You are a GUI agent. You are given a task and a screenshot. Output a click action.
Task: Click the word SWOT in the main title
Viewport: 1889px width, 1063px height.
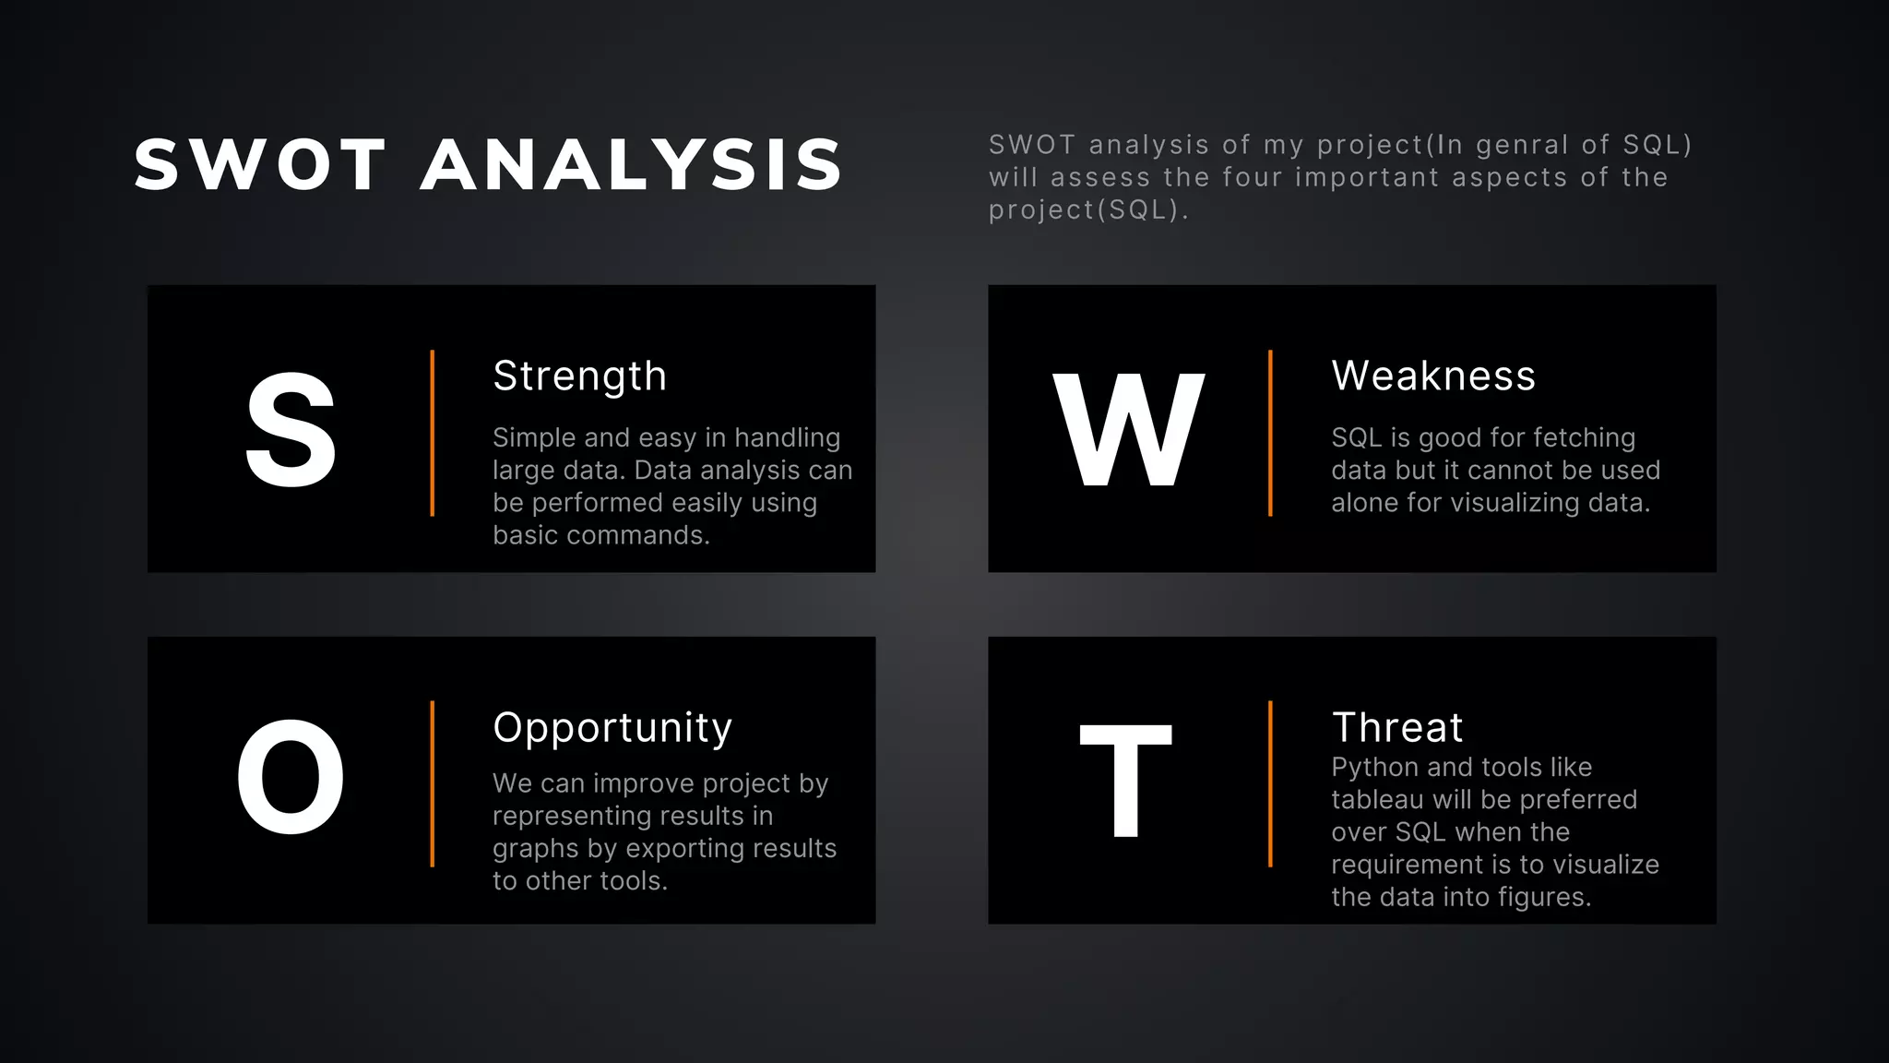[260, 166]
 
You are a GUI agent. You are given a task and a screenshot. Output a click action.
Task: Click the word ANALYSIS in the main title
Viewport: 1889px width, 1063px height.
[632, 166]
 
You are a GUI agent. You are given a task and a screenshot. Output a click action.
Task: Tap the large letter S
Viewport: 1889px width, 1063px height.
[291, 430]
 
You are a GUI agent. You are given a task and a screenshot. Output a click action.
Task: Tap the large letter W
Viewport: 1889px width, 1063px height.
[1129, 430]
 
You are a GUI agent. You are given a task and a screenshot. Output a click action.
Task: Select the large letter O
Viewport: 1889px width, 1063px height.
[291, 778]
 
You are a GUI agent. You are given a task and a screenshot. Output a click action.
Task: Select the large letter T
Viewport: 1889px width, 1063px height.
[1125, 780]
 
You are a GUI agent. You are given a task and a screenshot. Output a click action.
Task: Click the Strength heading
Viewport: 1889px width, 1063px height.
[579, 376]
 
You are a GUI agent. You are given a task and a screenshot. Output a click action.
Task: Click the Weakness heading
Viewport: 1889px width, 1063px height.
[1433, 376]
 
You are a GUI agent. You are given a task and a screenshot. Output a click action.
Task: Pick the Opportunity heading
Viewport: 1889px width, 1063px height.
[612, 728]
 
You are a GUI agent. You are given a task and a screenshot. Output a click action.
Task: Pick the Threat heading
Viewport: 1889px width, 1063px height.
[1397, 728]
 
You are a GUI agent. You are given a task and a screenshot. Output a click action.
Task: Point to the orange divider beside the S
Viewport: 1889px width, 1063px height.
[432, 433]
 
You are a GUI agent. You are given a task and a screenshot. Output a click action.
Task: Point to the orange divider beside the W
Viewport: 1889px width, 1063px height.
[1270, 433]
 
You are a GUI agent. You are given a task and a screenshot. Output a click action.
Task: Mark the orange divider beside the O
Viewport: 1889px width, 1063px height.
[432, 783]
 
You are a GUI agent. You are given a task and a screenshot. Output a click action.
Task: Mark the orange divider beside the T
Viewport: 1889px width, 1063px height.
[1270, 783]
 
